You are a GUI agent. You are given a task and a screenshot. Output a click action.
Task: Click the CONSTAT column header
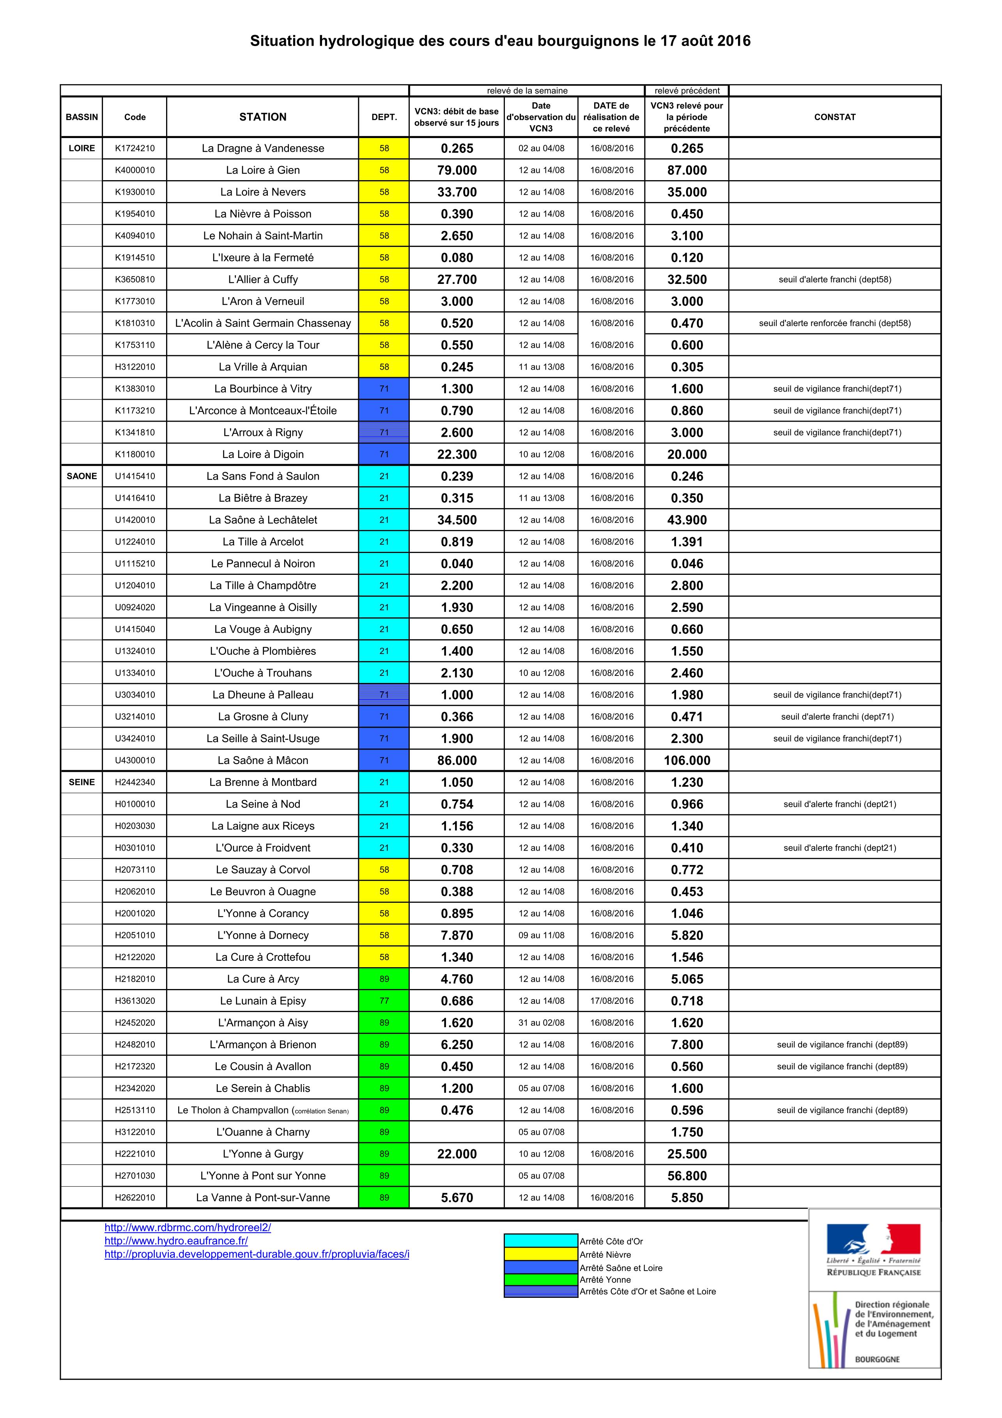click(x=835, y=117)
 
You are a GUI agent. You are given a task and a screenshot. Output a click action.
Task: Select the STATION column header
click(x=263, y=117)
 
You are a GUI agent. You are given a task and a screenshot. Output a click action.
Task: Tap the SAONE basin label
click(x=81, y=476)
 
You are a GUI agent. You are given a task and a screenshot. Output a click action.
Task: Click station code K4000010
click(x=135, y=170)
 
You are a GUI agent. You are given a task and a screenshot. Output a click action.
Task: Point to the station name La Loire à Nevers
click(x=263, y=192)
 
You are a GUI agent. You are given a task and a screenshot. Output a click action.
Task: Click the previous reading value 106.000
click(x=687, y=760)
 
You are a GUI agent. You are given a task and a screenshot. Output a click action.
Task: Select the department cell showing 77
click(x=384, y=1000)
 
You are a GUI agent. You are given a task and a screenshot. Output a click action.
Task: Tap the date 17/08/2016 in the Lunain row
click(x=611, y=1000)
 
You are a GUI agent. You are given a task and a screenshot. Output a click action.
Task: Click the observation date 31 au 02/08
click(x=542, y=1023)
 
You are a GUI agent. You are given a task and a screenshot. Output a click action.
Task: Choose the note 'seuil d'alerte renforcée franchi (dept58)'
click(x=835, y=323)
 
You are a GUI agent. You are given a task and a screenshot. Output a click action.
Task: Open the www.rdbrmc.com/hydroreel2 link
click(x=188, y=1228)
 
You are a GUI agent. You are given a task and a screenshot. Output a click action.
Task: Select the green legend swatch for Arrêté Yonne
click(x=541, y=1280)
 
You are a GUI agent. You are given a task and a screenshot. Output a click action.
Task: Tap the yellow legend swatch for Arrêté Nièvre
click(x=541, y=1254)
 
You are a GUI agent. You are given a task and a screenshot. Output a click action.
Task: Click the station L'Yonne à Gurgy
click(x=263, y=1154)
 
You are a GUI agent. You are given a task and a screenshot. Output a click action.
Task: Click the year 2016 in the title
click(x=734, y=41)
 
